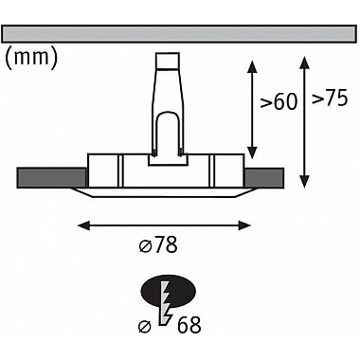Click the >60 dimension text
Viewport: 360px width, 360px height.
(279, 101)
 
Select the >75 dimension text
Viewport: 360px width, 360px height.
(330, 98)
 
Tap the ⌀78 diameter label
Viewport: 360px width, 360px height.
(158, 244)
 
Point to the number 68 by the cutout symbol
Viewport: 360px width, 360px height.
(189, 324)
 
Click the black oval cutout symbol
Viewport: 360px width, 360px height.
(169, 290)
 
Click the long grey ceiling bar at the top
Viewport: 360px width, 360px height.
(179, 34)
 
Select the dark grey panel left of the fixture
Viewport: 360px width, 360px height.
(51, 178)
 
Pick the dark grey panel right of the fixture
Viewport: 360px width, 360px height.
(264, 178)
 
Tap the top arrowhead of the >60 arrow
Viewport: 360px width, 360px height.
(252, 66)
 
